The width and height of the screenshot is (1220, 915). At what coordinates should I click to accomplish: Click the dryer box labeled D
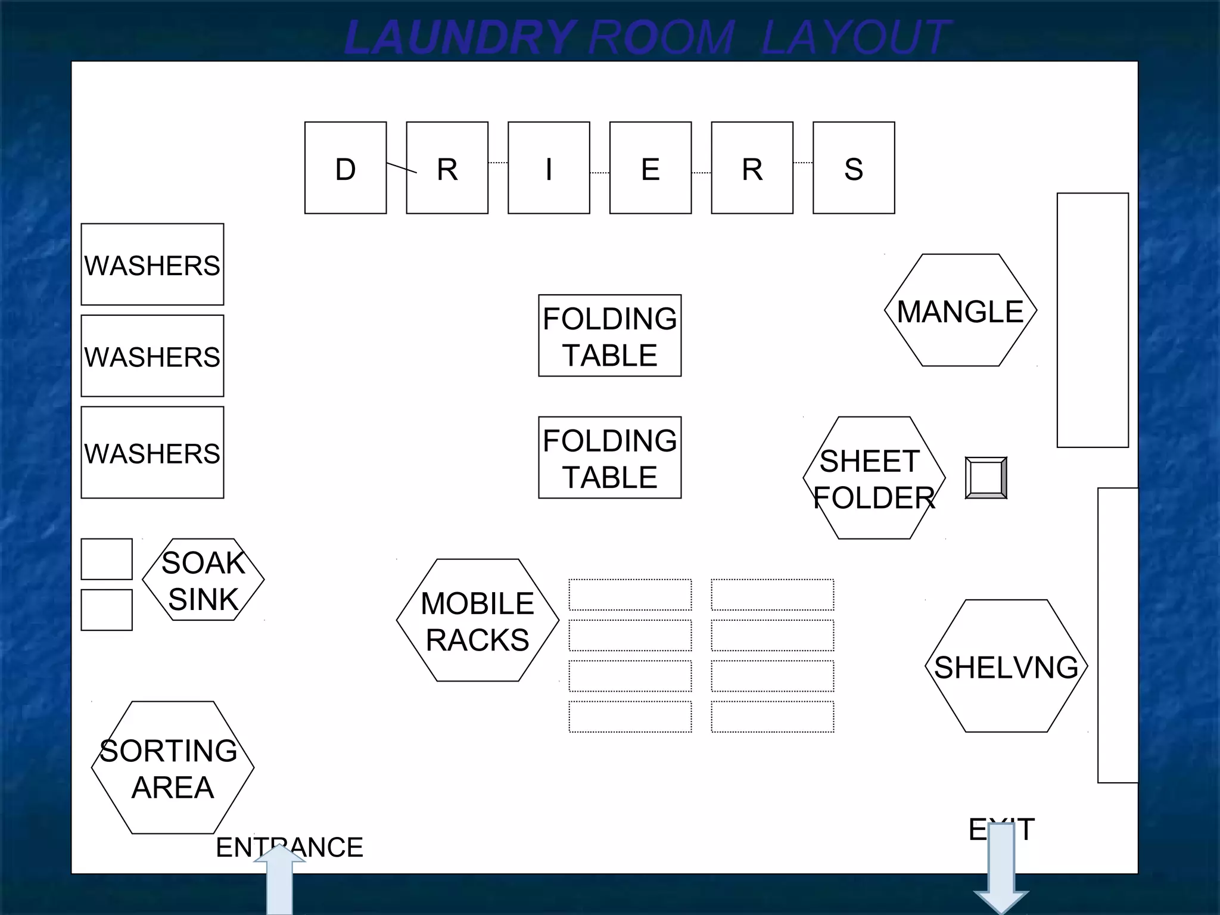pos(346,168)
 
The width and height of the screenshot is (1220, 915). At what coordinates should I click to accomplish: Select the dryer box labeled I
pos(549,168)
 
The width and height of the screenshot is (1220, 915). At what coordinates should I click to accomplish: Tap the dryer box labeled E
pos(651,168)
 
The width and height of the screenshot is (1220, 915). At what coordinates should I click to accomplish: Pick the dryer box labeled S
pos(854,168)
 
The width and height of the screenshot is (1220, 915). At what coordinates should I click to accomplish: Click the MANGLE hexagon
pos(960,310)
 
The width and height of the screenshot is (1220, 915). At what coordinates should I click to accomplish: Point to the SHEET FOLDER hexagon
pos(874,478)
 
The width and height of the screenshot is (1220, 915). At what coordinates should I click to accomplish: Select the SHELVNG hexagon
pos(1006,666)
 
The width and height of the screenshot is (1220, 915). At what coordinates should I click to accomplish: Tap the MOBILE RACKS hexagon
pos(477,620)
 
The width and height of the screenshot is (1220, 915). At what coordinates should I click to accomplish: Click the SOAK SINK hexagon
pos(203,580)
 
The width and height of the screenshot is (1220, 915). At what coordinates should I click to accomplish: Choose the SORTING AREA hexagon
pos(173,767)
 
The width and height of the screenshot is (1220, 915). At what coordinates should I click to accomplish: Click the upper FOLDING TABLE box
pos(609,335)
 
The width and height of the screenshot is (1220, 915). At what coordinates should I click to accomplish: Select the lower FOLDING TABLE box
pos(609,457)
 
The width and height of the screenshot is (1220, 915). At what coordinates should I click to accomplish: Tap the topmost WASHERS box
pos(152,264)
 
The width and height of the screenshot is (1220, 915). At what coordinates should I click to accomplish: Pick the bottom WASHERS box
pos(152,452)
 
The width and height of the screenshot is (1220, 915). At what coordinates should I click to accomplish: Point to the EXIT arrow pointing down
pos(1001,870)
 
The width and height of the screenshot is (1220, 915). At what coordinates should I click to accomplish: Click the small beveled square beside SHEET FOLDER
pos(986,478)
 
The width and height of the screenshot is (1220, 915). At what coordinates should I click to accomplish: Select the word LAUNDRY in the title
pos(459,37)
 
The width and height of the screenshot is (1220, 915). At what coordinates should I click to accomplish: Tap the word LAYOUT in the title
pos(855,37)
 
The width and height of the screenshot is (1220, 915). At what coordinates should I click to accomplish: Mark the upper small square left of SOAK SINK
pos(107,559)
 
